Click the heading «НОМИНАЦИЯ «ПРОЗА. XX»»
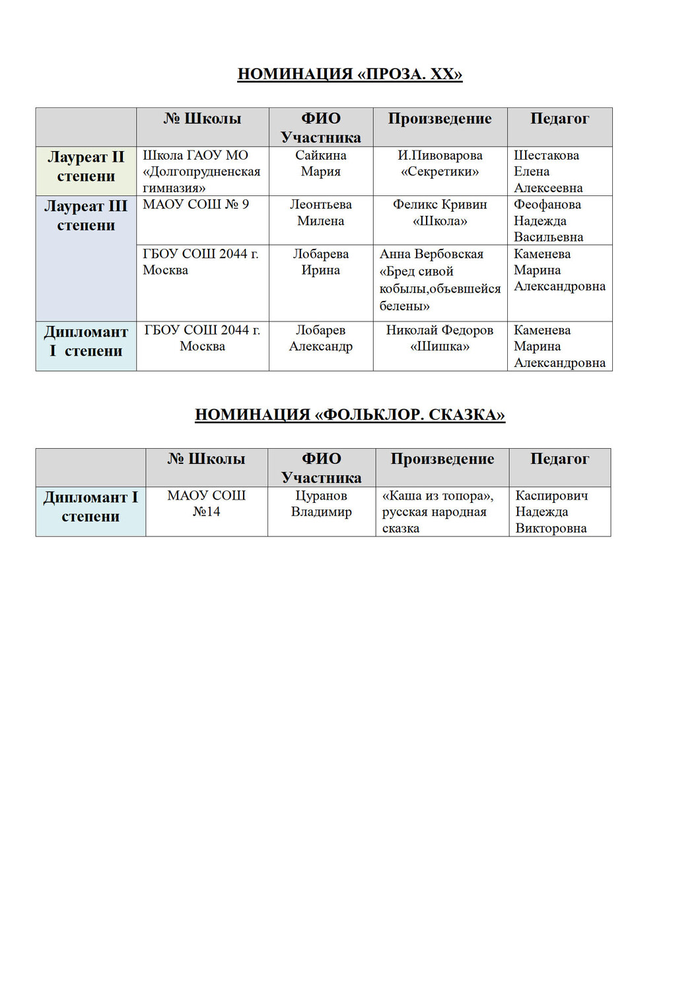350,74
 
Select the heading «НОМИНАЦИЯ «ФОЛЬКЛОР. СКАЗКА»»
350,414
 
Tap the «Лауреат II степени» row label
86,167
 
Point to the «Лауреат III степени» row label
86,216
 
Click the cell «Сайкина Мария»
321,164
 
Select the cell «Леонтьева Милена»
321,213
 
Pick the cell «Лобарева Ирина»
321,262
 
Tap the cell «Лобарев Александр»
321,338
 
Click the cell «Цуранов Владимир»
322,504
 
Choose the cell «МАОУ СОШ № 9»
196,205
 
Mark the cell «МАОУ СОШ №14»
206,504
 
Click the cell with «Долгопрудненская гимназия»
201,172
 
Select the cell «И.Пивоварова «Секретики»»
440,164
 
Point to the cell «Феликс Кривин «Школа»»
440,213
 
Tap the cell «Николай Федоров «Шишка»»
440,338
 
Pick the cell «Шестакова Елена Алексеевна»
548,172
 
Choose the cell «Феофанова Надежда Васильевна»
548,220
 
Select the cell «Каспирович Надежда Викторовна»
551,511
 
